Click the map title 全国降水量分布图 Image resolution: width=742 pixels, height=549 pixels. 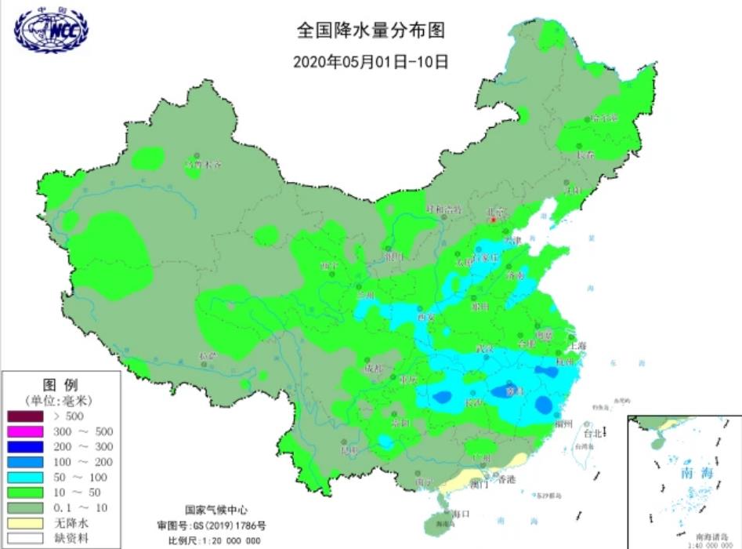click(x=371, y=31)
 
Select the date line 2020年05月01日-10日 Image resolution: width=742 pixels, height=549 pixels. click(x=371, y=61)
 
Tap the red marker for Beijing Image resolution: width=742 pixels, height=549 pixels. click(x=493, y=220)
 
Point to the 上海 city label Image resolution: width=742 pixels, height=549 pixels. click(x=578, y=345)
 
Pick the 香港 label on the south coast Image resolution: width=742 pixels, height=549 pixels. click(x=507, y=479)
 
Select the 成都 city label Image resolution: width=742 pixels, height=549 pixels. click(x=374, y=369)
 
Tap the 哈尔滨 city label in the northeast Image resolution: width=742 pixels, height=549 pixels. click(x=604, y=118)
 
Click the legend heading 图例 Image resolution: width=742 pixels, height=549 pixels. click(x=60, y=385)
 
